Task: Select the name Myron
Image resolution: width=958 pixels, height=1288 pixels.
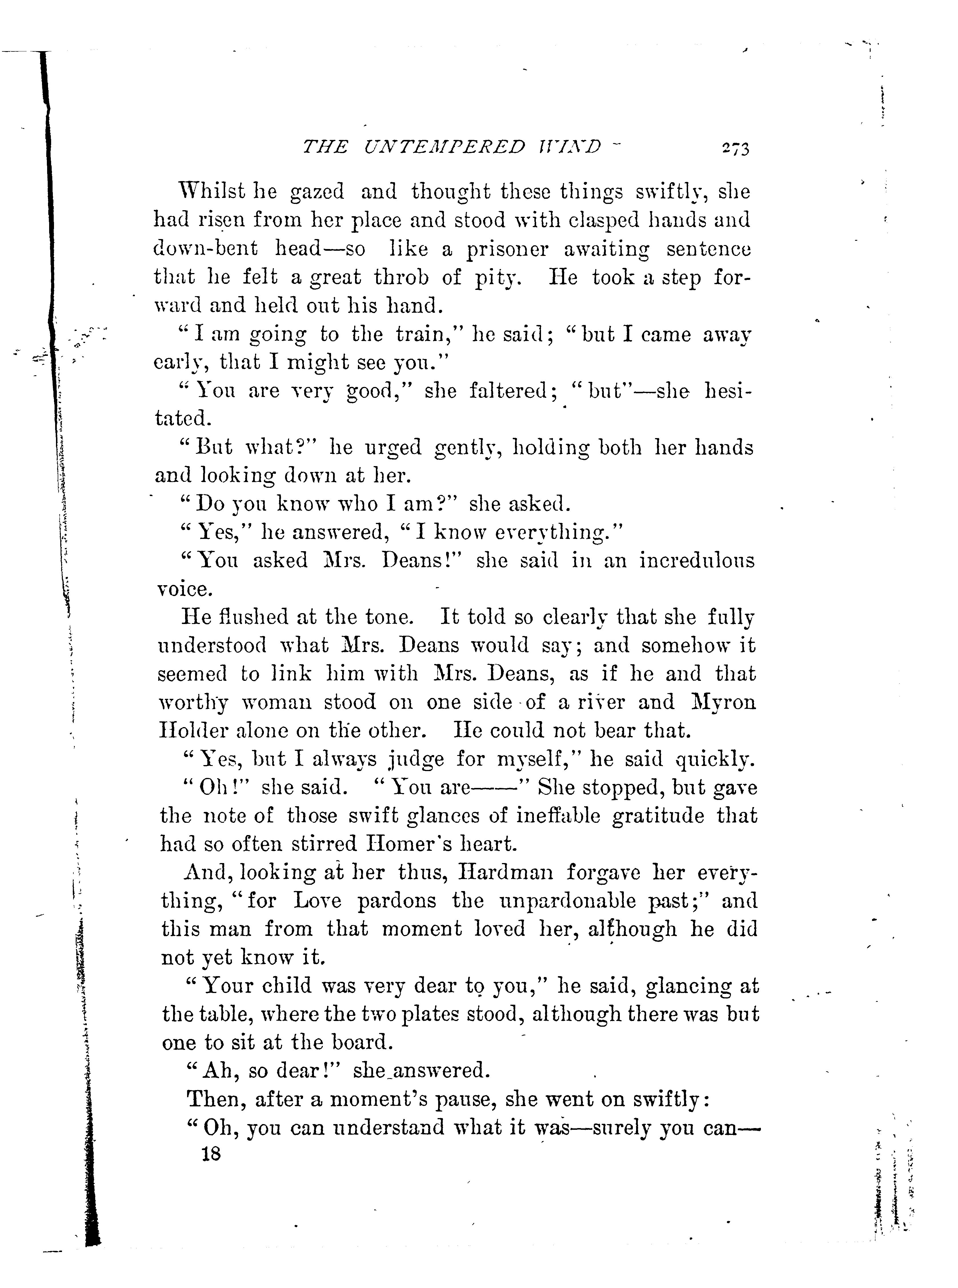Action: point(724,702)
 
